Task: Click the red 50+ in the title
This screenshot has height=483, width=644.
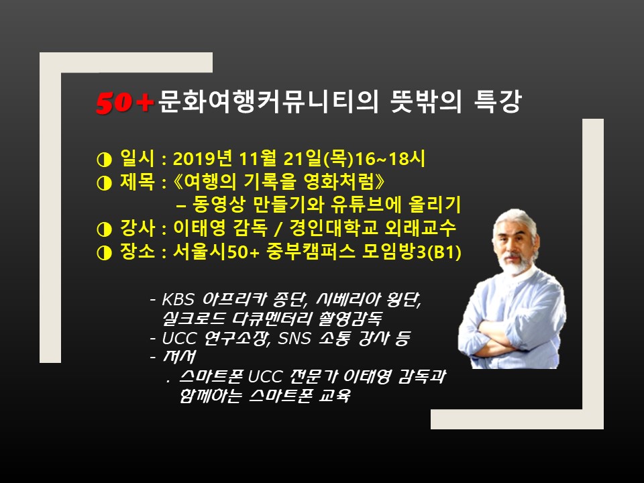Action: (125, 102)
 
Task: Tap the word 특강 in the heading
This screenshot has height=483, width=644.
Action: (497, 101)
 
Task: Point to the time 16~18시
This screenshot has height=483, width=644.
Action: (390, 158)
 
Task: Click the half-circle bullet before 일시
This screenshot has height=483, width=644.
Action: (105, 160)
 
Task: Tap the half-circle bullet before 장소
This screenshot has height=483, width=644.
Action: (105, 253)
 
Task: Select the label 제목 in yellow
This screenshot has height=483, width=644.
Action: (137, 182)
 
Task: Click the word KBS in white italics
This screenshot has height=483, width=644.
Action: (177, 299)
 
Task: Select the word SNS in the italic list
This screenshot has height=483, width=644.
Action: (294, 338)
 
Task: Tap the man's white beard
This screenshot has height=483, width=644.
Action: (517, 266)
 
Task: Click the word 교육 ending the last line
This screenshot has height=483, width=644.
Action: (335, 396)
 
